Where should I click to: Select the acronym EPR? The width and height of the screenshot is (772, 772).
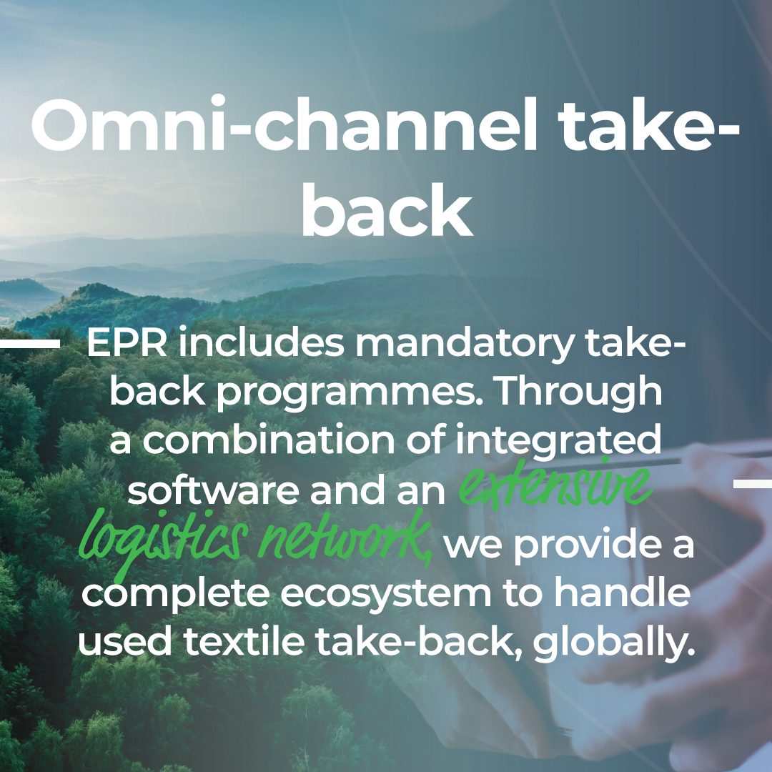coord(127,342)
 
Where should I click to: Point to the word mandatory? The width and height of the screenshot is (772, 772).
coord(465,345)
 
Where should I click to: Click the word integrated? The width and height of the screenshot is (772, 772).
coord(558,440)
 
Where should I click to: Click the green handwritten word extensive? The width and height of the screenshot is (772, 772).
coord(555,485)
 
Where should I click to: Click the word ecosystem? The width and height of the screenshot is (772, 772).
coord(386,594)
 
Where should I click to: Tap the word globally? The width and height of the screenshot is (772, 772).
coord(613,643)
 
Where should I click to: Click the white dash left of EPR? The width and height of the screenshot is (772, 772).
coord(30,344)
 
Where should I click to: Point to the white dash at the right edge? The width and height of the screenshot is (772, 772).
coord(753,483)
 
